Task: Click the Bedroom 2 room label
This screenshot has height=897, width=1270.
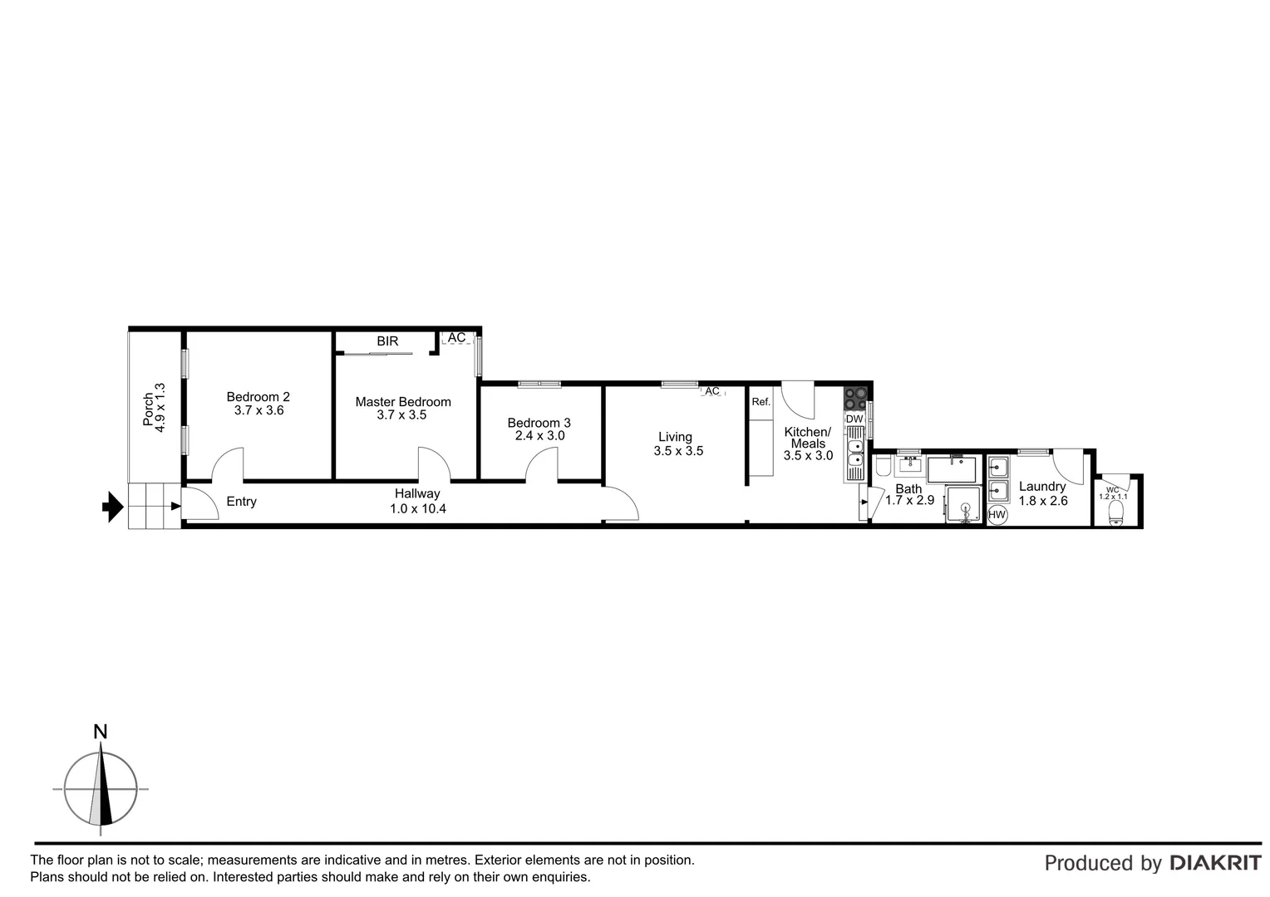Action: coord(258,397)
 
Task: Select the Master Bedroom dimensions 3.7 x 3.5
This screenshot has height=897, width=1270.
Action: coord(401,414)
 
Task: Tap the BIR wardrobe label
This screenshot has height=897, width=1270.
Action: coord(387,341)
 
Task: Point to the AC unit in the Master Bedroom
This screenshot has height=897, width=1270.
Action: coord(456,339)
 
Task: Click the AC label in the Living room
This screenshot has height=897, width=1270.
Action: coord(712,391)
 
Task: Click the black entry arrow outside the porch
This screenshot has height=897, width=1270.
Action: coord(111,506)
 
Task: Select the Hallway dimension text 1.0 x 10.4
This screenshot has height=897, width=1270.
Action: coord(418,508)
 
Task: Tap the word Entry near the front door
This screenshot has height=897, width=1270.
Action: coord(242,502)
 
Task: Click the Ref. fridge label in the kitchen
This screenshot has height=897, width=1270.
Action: coord(761,402)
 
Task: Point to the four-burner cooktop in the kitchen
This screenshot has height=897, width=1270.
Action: coord(855,399)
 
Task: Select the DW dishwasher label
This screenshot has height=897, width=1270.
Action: coord(854,419)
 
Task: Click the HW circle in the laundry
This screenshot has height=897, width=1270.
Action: coord(997,515)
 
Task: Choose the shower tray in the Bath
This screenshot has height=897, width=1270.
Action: coord(965,504)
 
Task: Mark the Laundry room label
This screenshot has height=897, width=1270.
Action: coord(1042,487)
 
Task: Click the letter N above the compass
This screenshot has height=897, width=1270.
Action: coord(101,732)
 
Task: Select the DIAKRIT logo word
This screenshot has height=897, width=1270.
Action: coord(1215,863)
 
